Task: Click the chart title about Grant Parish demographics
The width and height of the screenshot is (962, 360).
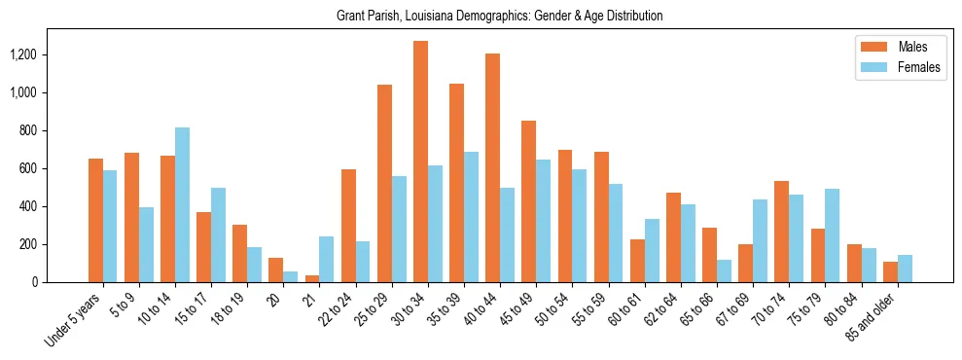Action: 499,17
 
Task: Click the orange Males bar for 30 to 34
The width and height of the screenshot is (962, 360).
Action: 420,162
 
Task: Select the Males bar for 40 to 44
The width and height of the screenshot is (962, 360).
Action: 492,167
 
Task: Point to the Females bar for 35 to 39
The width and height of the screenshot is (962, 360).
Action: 471,217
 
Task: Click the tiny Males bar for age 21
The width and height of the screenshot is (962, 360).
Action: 312,278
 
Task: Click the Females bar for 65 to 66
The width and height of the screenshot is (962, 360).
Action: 723,270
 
